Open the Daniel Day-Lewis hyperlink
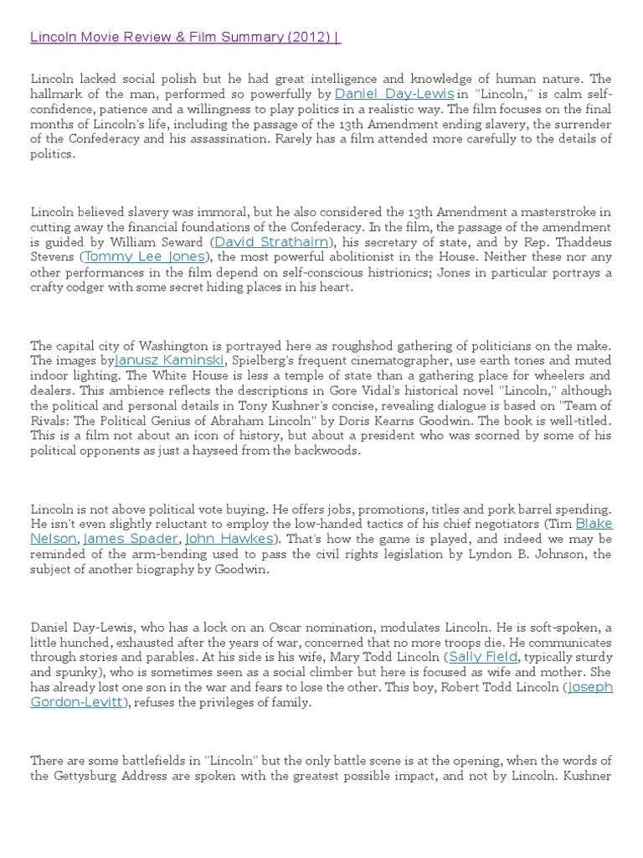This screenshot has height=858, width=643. point(394,94)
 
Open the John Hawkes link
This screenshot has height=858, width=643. point(229,539)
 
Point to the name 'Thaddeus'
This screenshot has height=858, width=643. point(584,243)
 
